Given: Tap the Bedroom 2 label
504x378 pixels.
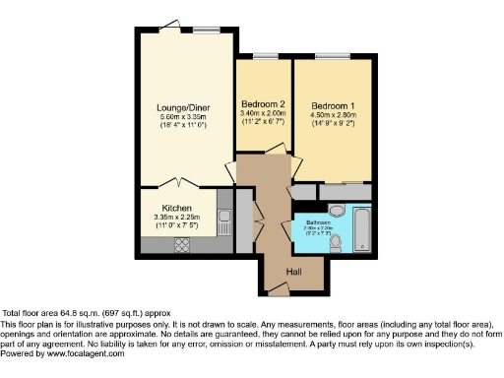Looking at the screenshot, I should [x=264, y=103].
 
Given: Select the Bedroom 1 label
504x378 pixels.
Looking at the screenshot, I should [x=333, y=104].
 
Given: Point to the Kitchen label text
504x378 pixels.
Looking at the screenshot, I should [x=177, y=209].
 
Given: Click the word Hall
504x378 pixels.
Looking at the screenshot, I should [x=293, y=272].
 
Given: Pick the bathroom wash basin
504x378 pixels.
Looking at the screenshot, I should [x=335, y=210].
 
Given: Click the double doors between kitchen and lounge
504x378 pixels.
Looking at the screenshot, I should [x=178, y=184].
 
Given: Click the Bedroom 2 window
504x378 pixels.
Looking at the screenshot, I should [x=264, y=55].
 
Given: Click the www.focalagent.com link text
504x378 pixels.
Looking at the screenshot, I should [x=94, y=353].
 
